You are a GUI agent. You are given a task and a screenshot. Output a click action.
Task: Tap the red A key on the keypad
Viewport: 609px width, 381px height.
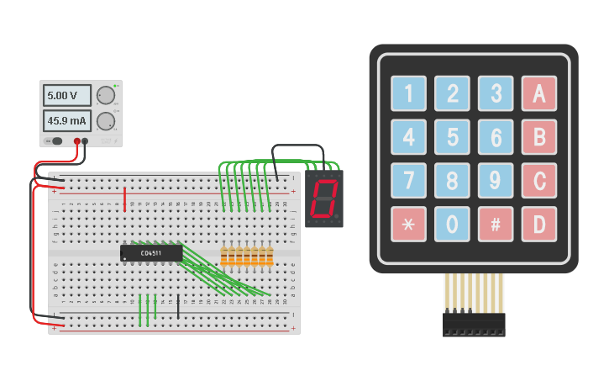pos(538,93)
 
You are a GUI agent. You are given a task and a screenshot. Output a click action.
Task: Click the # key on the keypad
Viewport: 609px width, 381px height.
pos(496,224)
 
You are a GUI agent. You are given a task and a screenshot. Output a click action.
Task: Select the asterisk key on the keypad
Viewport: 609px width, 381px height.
pos(408,224)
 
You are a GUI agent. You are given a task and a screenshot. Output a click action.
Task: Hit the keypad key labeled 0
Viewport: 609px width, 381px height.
pos(452,224)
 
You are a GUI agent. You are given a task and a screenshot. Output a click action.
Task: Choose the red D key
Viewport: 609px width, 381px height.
pos(538,224)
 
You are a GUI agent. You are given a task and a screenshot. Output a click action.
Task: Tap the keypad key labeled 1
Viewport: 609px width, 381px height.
pos(408,93)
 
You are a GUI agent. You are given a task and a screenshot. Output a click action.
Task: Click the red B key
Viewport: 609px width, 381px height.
pos(538,136)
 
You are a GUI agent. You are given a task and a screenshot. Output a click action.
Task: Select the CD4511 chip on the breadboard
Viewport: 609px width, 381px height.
pos(151,252)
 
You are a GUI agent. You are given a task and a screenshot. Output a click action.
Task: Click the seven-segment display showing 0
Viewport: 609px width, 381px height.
pos(323,199)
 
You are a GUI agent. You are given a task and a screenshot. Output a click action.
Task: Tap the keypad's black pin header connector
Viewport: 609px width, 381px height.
pos(474,325)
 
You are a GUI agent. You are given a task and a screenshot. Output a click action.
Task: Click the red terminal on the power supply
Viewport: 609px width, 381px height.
pos(76,141)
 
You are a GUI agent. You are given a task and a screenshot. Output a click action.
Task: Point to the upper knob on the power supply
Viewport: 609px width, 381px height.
pos(105,95)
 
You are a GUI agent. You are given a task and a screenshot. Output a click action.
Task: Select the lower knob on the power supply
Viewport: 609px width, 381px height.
pos(105,120)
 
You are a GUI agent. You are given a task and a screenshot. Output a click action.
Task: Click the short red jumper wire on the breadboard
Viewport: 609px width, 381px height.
pos(125,199)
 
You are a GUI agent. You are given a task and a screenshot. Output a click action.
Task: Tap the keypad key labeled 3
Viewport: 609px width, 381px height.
pos(496,93)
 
